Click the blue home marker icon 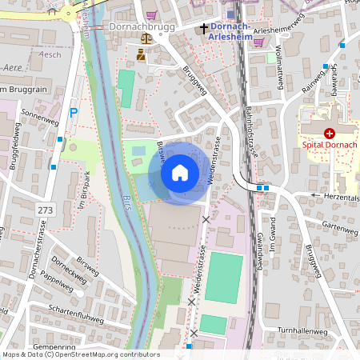pos(180,173)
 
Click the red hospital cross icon pos(329,134)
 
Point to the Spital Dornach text pos(329,146)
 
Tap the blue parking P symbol pos(74,113)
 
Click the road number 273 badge pos(46,209)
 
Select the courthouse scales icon pos(146,38)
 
